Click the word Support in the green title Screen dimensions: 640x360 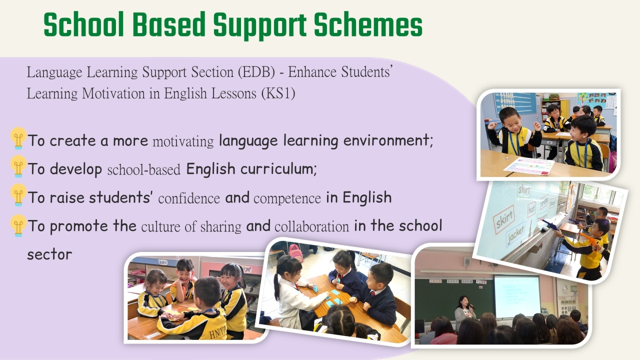click(259, 25)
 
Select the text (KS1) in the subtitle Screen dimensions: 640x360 click(278, 93)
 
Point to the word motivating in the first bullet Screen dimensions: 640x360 click(183, 141)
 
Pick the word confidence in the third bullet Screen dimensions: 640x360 click(189, 198)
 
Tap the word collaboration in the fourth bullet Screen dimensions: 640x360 click(311, 226)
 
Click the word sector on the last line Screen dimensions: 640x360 click(49, 254)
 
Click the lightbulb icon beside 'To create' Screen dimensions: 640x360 click(18, 138)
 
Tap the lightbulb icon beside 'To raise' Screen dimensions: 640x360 click(18, 194)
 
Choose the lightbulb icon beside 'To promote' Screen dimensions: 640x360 click(18, 225)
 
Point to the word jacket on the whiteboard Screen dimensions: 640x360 click(516, 235)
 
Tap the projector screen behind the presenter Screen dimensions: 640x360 click(517, 296)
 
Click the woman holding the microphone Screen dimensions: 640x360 click(464, 311)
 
